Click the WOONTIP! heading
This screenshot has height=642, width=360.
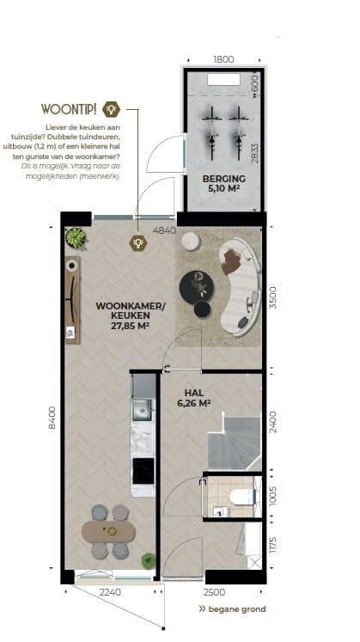pos(69,109)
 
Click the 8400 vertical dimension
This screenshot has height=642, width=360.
pos(51,419)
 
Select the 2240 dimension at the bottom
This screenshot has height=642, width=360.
pos(111,593)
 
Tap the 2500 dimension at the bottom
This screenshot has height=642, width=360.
pos(213,593)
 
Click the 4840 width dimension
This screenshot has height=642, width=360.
pos(164,231)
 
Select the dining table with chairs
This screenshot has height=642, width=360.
pos(108,531)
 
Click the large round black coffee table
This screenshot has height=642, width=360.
pos(196,284)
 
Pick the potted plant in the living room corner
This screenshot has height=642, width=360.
pos(76,237)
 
